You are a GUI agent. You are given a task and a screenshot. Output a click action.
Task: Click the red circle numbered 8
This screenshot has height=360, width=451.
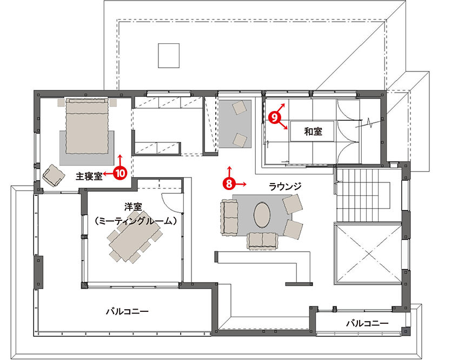[229, 184]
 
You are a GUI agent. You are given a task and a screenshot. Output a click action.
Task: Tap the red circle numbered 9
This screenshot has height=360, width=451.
[274, 117]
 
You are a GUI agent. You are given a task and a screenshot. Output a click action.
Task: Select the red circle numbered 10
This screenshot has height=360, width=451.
[120, 173]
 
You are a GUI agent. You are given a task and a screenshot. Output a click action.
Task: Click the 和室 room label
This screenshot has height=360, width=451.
[313, 132]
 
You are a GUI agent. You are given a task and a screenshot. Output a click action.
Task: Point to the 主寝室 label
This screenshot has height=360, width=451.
[89, 176]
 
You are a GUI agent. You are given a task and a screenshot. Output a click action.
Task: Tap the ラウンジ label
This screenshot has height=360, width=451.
[285, 187]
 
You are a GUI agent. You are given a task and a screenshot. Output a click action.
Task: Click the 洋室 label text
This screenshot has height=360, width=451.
[133, 206]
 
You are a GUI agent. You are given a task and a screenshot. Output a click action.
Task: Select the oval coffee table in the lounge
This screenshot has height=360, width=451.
[262, 214]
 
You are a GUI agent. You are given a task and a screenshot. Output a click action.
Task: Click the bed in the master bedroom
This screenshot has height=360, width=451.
[87, 126]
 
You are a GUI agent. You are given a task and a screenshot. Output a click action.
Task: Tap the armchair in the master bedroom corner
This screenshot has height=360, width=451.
[54, 175]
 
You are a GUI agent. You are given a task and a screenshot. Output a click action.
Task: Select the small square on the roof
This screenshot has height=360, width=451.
[169, 56]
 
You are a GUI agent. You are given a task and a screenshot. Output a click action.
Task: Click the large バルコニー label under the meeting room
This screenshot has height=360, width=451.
[127, 311]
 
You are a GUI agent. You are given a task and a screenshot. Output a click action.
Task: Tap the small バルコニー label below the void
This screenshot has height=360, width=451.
[367, 323]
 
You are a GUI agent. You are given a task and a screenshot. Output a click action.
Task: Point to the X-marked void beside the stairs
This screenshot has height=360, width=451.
[368, 253]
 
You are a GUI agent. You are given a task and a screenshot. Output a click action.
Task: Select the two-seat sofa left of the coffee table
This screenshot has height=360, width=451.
[229, 217]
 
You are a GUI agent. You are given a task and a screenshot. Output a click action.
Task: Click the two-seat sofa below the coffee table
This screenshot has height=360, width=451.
[262, 240]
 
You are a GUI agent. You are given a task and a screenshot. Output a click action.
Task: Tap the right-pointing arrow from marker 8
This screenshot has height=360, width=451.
[241, 184]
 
